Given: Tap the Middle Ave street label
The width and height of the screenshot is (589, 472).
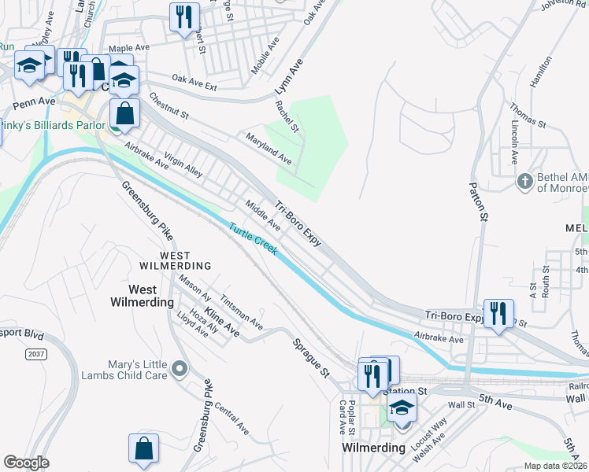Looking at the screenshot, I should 263,215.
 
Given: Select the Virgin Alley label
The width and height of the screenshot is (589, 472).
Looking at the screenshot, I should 184,162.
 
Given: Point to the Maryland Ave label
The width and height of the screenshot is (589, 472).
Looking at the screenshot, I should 269,148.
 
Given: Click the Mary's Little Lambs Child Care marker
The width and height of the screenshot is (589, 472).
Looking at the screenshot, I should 180,368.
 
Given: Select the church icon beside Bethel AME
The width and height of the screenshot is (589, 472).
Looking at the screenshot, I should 525,183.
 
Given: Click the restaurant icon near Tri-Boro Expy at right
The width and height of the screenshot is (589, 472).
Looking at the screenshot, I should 498,313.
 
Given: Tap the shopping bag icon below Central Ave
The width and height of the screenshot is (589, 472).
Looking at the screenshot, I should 144,448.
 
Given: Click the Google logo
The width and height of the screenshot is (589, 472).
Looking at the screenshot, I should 26,463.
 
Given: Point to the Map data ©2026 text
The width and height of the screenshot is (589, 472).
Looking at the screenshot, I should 555,466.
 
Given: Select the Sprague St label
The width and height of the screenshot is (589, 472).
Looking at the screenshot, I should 311,358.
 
